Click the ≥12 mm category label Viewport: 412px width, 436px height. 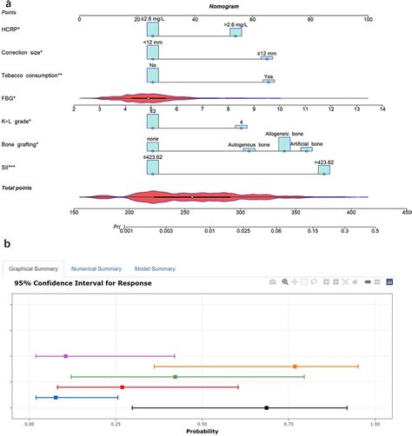(x=269, y=53)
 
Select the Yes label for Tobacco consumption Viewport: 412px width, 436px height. (x=269, y=76)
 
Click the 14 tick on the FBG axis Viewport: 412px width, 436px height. (x=382, y=109)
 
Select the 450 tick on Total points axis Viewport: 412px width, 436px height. (x=406, y=211)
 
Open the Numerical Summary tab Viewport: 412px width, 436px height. (x=96, y=268)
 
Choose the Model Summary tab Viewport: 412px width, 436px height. (x=154, y=268)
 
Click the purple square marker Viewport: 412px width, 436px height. (x=66, y=356)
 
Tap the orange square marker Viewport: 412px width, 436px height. (x=296, y=367)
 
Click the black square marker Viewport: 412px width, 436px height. (x=267, y=407)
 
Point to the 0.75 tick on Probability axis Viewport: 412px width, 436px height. (x=289, y=424)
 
